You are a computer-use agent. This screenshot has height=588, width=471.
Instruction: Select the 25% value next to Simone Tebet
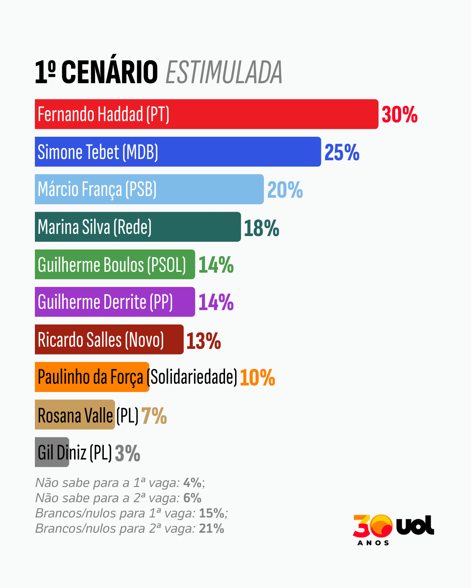(x=342, y=152)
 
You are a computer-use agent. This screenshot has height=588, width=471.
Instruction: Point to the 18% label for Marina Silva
(x=261, y=228)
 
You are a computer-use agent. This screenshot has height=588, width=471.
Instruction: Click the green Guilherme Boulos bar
(x=115, y=264)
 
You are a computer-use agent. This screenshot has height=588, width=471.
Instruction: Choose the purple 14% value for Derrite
(x=216, y=302)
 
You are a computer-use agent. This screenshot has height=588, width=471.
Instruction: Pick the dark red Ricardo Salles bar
(x=109, y=340)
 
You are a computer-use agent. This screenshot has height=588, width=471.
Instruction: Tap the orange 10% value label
(x=257, y=378)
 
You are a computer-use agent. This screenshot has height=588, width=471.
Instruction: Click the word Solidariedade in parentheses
(x=194, y=377)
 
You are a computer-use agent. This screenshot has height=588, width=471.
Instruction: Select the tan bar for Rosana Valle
(x=75, y=415)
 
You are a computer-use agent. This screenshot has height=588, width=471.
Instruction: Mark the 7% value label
(x=154, y=416)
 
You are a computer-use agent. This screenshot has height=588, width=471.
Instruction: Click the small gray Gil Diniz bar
(x=52, y=452)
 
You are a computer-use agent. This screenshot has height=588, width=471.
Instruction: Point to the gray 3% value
(x=127, y=453)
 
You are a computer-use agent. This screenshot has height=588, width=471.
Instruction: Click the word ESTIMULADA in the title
(x=224, y=72)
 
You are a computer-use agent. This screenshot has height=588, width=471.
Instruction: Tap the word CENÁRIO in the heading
(x=109, y=72)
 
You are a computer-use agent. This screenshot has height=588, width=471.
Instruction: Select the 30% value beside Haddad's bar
(x=399, y=115)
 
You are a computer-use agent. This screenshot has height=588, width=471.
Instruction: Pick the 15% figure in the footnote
(x=212, y=514)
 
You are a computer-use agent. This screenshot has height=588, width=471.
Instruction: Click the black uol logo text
(x=415, y=526)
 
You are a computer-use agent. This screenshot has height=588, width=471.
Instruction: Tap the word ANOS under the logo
(x=373, y=543)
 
